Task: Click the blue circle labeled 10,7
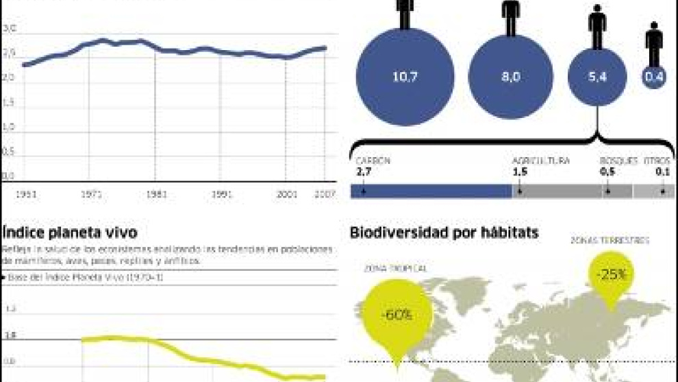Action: click(405, 77)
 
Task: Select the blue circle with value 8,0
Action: click(510, 77)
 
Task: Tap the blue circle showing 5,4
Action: click(597, 77)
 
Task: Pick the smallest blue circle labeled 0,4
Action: click(654, 77)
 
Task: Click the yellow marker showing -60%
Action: click(396, 315)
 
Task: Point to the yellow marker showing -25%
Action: click(610, 274)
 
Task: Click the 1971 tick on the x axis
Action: click(91, 195)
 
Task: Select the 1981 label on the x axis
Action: click(156, 195)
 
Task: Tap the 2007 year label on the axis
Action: click(325, 195)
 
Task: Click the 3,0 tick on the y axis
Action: click(9, 29)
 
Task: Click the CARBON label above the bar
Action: click(373, 160)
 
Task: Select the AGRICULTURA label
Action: click(541, 160)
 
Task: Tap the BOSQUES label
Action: click(614, 160)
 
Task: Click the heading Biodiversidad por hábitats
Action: click(444, 233)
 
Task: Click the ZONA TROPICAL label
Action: click(395, 268)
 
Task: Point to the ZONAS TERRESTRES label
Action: click(610, 241)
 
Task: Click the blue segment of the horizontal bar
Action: click(431, 192)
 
